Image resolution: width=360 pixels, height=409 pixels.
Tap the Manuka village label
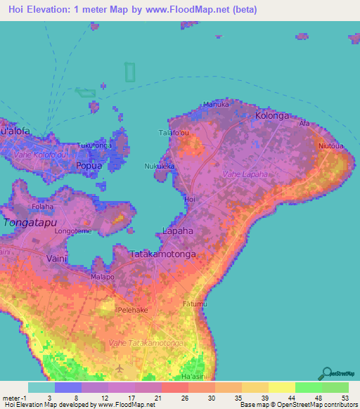pos(217,105)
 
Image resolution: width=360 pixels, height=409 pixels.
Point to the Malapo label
pos(101,277)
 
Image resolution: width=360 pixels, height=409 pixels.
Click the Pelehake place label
pos(131,309)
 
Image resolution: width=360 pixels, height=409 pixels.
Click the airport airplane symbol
pos(120,368)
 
